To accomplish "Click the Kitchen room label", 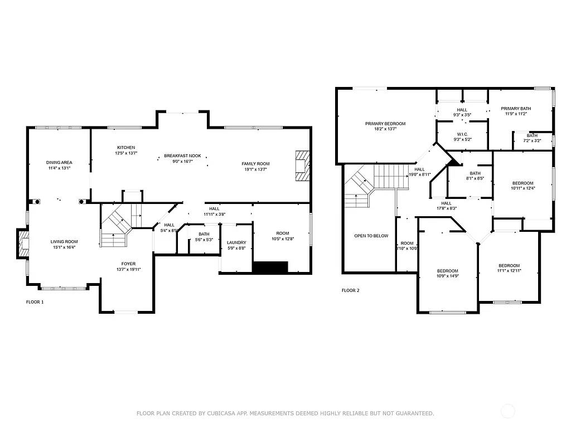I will pyautogui.click(x=125, y=148).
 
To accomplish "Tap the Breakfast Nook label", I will pyautogui.click(x=182, y=155).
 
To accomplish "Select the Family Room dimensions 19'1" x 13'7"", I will pyautogui.click(x=255, y=169).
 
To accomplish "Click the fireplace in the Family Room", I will pyautogui.click(x=302, y=166).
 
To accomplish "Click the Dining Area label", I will pyautogui.click(x=59, y=163).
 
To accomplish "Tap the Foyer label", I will pyautogui.click(x=129, y=264).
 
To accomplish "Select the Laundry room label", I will pyautogui.click(x=236, y=242).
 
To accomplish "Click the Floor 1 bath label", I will pyautogui.click(x=204, y=234).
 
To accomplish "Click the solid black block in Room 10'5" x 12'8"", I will pyautogui.click(x=270, y=267).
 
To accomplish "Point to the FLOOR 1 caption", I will pyautogui.click(x=35, y=302).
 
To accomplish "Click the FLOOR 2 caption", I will pyautogui.click(x=350, y=290).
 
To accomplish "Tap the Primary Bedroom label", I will pyautogui.click(x=385, y=124).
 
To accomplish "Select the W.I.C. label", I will pyautogui.click(x=462, y=134).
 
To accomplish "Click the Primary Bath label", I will pyautogui.click(x=516, y=109).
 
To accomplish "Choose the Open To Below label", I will pyautogui.click(x=371, y=236).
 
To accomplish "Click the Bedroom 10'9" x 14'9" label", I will pyautogui.click(x=447, y=271).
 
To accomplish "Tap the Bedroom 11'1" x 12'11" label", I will pyautogui.click(x=509, y=265).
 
